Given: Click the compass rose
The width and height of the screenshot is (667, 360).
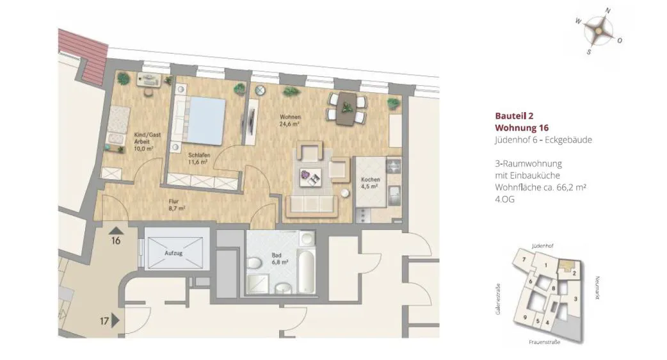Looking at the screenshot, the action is (x=599, y=31).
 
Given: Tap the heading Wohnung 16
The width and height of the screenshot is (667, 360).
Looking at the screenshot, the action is (x=522, y=127).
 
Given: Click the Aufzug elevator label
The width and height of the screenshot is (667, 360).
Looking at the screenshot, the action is (x=173, y=253).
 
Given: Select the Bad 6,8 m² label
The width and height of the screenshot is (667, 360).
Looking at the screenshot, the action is (x=280, y=259).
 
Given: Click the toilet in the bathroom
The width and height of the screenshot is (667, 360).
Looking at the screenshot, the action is (x=254, y=264).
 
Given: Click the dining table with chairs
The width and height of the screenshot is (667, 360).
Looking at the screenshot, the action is (x=347, y=108).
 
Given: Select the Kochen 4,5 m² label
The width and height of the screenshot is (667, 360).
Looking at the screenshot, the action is (x=370, y=183).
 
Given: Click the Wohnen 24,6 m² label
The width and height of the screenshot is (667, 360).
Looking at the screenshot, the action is (x=290, y=120).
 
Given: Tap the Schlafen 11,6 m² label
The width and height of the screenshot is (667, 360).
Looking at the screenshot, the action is (x=198, y=159).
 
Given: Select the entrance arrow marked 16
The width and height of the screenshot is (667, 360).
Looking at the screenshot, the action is (x=117, y=231).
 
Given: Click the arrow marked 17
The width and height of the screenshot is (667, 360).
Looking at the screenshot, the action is (x=115, y=321).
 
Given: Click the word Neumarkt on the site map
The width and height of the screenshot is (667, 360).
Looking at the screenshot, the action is (x=597, y=288).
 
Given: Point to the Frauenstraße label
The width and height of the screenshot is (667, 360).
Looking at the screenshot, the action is (x=545, y=342).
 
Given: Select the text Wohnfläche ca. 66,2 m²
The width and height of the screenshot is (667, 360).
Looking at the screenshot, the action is (x=541, y=187).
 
